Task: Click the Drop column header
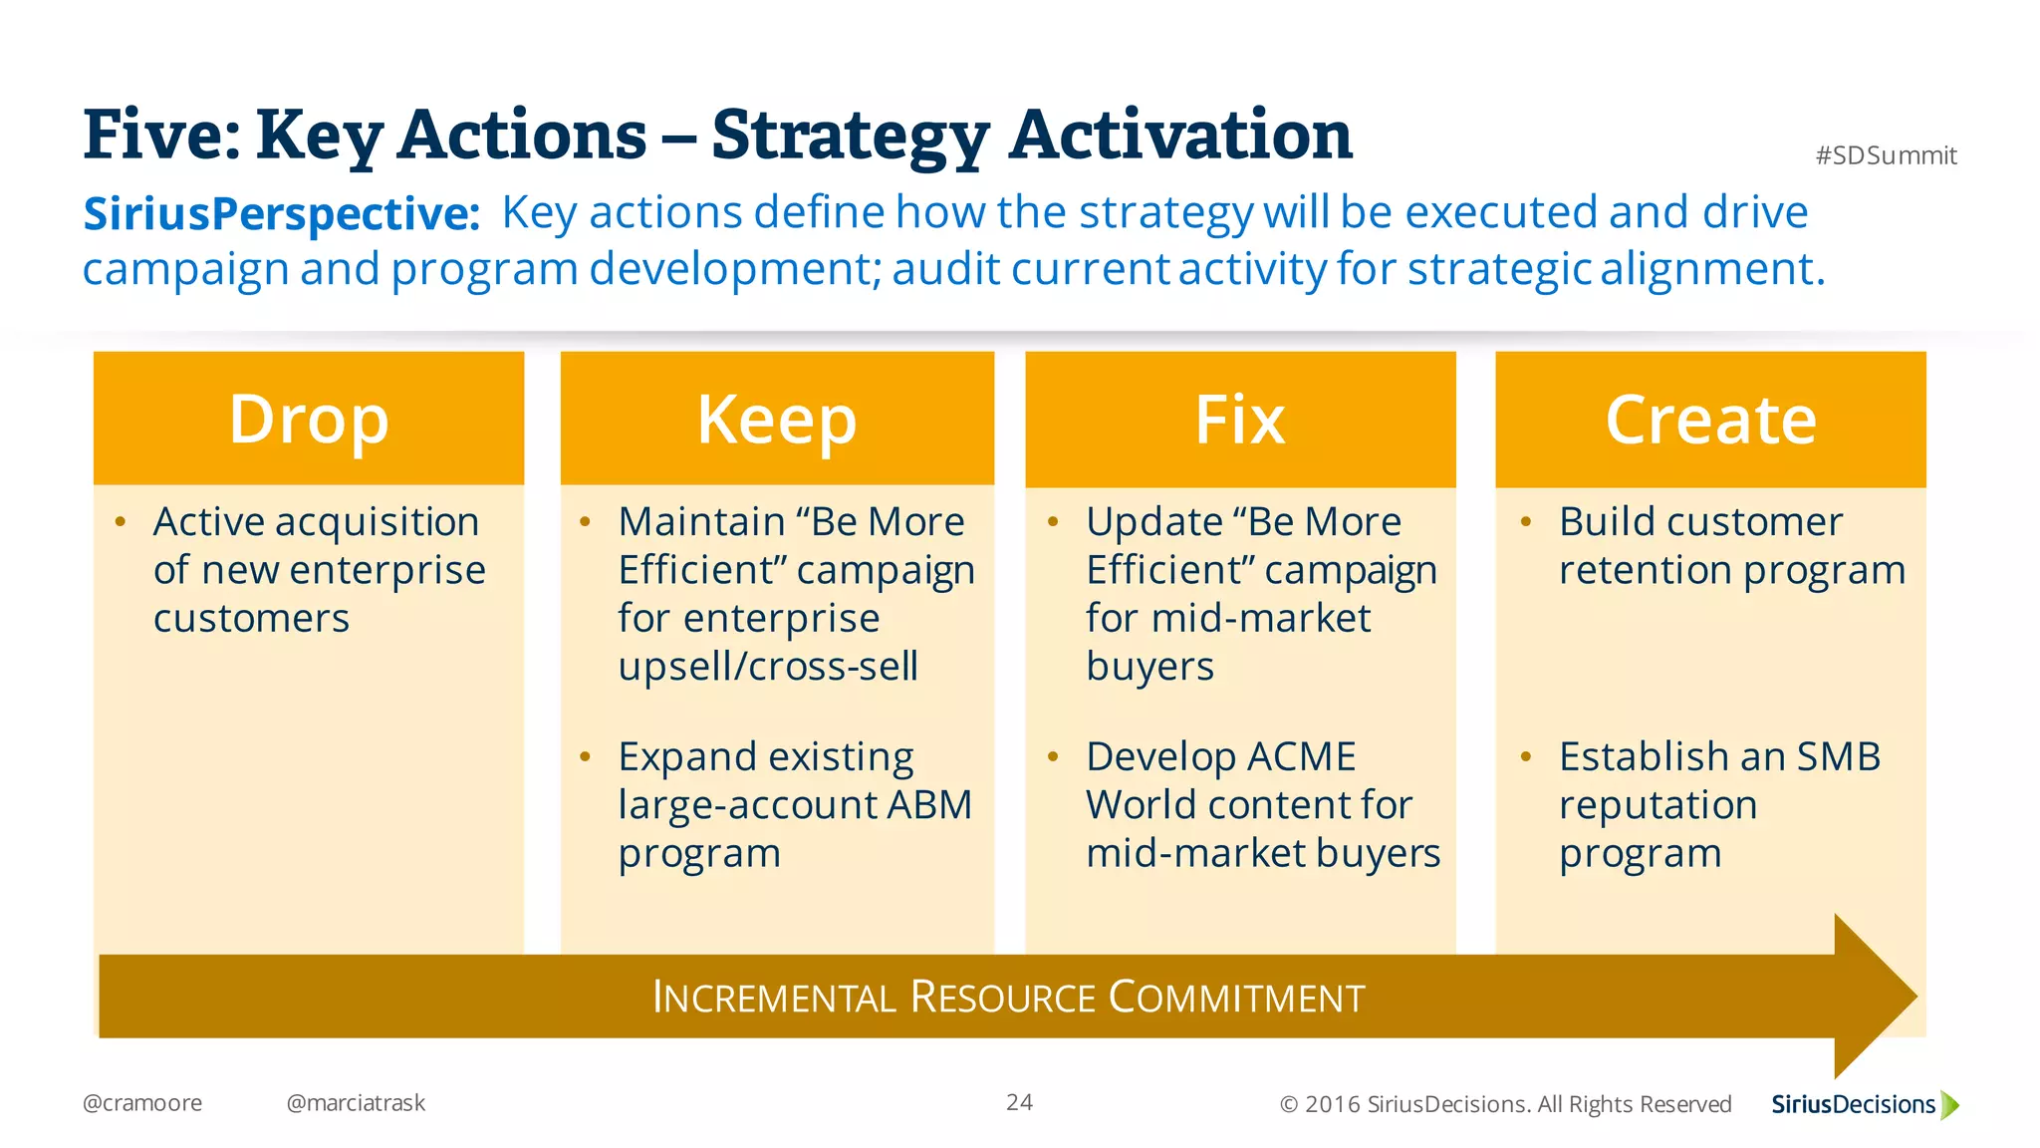[x=309, y=420]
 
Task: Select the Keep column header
[x=777, y=420]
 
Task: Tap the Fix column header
[x=1240, y=420]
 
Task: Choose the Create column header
[x=1710, y=420]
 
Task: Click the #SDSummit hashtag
[x=1886, y=155]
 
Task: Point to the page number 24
[x=1019, y=1102]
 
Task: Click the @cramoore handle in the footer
[x=142, y=1103]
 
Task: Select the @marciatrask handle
[x=356, y=1103]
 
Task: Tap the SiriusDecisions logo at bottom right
[x=1864, y=1104]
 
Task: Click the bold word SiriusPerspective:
[x=282, y=214]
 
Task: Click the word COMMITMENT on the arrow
[x=1236, y=998]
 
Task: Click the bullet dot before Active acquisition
[x=121, y=521]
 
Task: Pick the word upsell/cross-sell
[x=768, y=667]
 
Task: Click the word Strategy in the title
[x=851, y=137]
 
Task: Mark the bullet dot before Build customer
[x=1526, y=521]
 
